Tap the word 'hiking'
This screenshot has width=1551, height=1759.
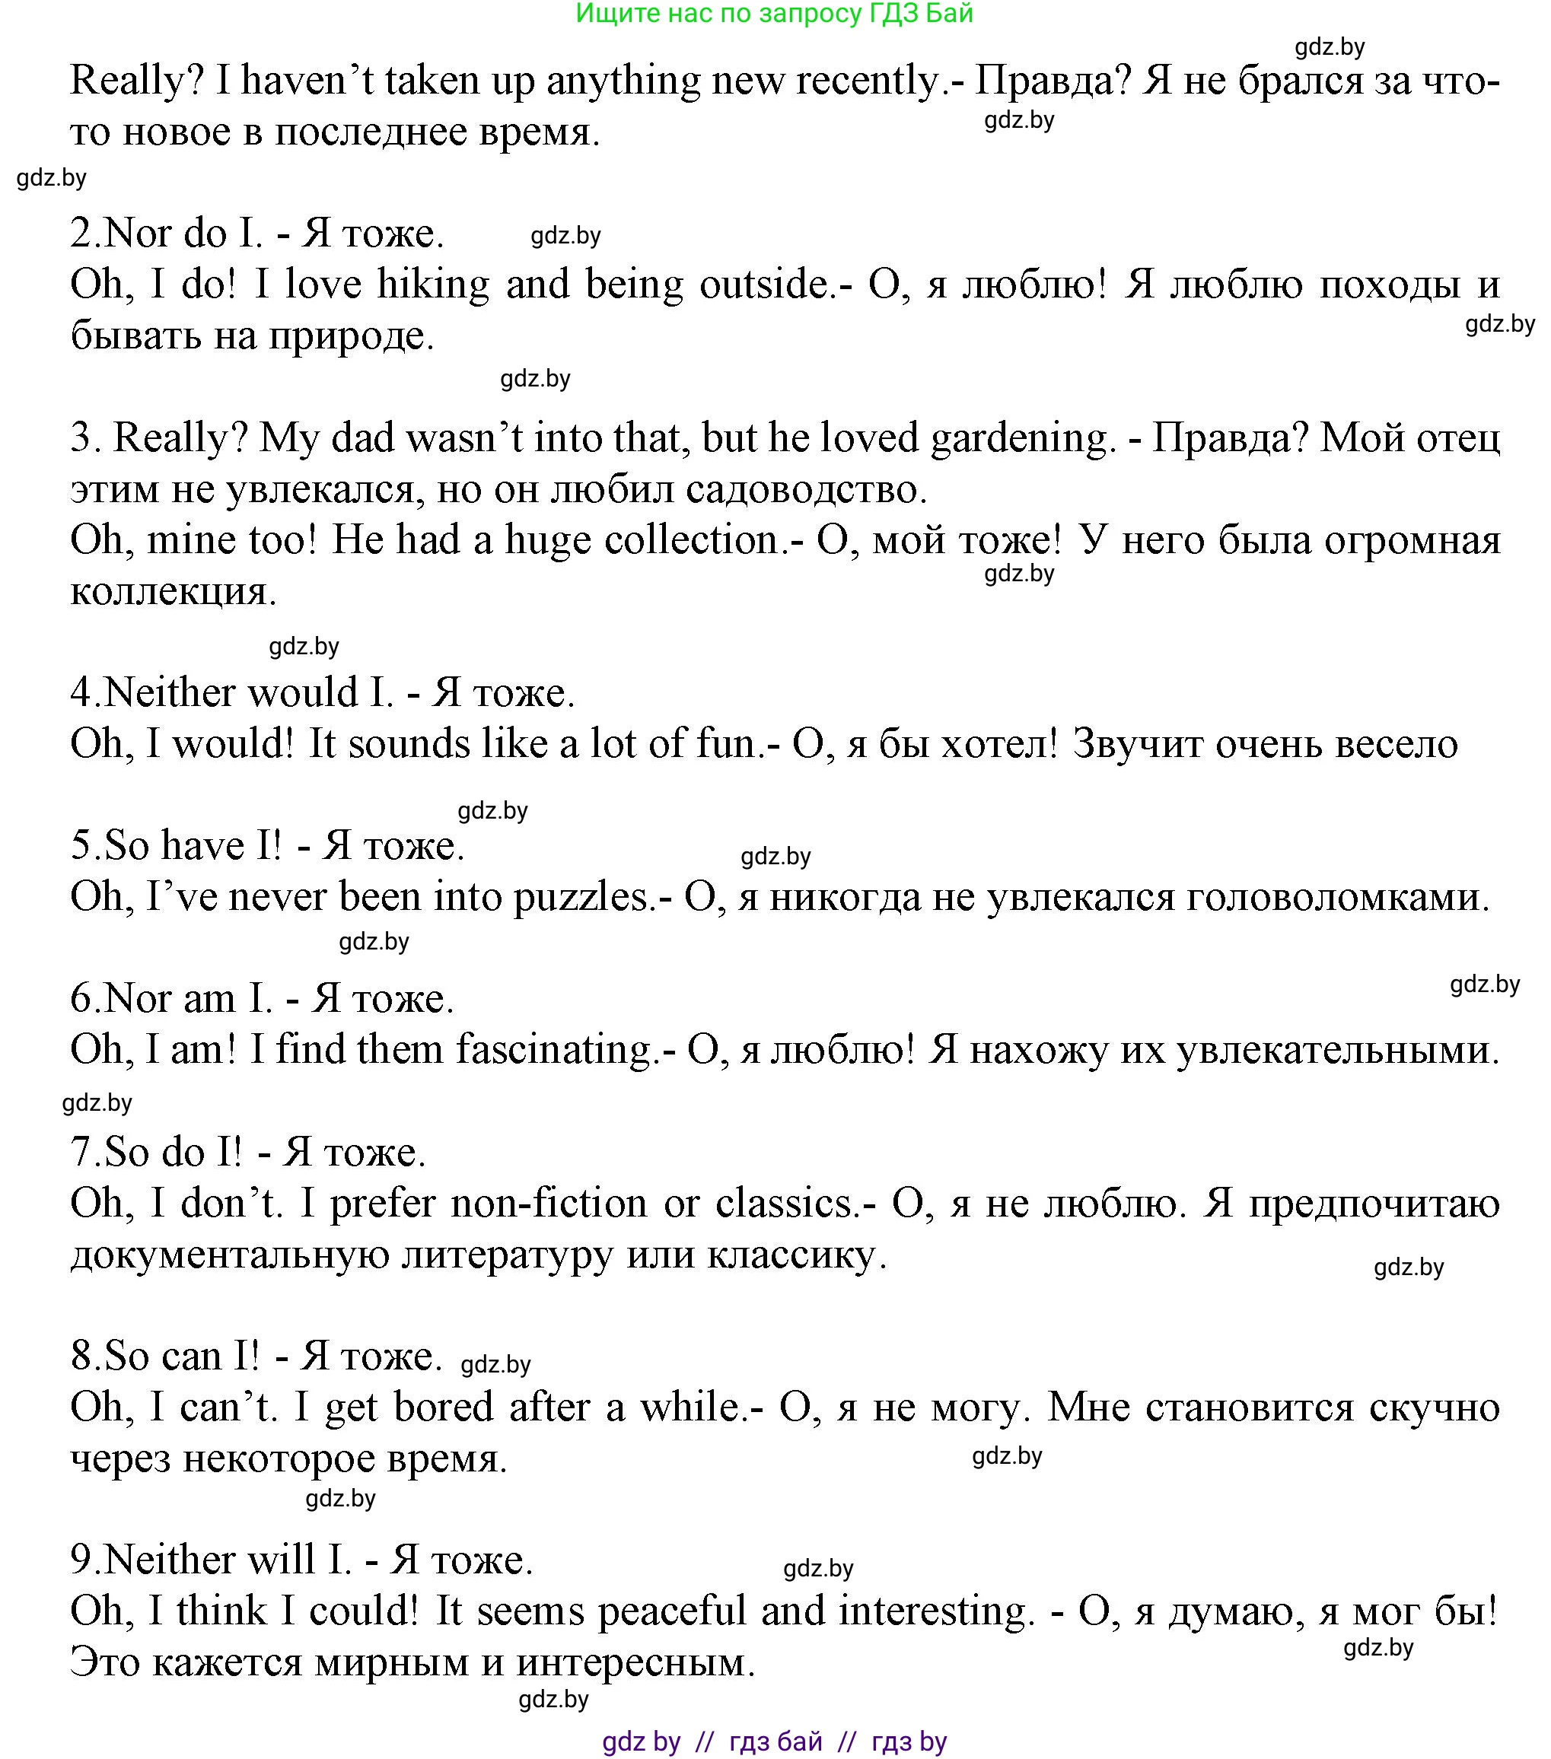(x=433, y=285)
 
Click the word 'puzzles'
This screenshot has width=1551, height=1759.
(x=585, y=897)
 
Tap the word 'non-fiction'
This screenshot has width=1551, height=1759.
(x=548, y=1203)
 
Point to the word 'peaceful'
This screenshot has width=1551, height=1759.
(x=671, y=1611)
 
